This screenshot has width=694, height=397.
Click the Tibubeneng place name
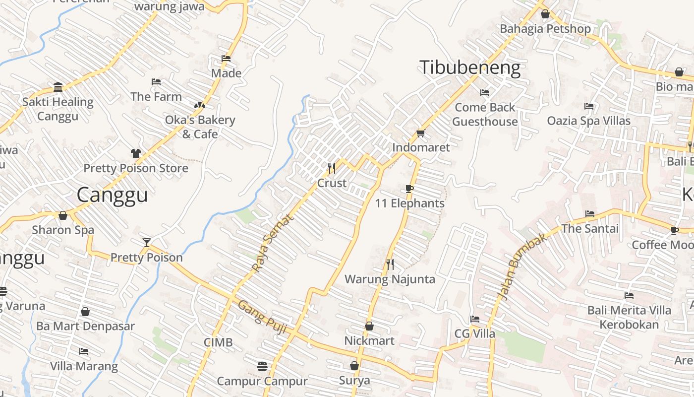[470, 68]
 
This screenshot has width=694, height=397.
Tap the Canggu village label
[112, 195]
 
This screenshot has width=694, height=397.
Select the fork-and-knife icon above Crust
[332, 168]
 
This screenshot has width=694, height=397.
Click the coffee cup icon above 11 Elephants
[409, 189]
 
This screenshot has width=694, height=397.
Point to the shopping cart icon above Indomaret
[421, 133]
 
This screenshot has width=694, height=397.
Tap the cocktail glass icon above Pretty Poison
[146, 242]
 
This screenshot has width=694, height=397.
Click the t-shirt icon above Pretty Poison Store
[136, 153]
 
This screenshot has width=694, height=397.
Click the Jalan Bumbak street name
[522, 266]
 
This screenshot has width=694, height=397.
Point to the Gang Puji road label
[263, 317]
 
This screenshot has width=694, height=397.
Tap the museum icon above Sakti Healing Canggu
[58, 87]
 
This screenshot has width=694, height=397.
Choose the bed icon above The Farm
[156, 81]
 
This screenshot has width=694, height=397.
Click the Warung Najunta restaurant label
[390, 279]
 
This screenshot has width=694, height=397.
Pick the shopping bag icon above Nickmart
[369, 326]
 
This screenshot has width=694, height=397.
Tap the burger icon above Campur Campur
[262, 367]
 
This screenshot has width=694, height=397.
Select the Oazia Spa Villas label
[588, 121]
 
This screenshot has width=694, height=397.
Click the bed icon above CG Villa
[475, 319]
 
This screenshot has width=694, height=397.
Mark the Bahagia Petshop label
[545, 29]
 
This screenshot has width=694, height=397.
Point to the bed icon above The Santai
[590, 214]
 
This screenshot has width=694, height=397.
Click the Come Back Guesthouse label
[485, 114]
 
